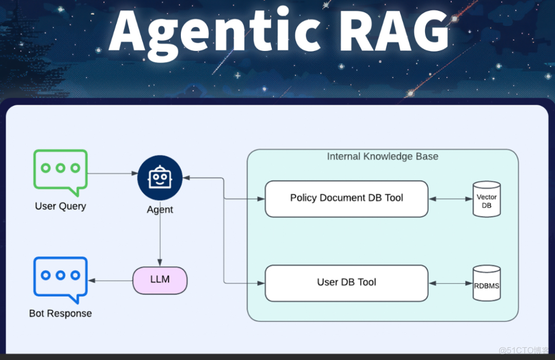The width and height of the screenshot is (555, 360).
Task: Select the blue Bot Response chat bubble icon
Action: coord(61,278)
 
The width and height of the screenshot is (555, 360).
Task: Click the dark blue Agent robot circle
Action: coord(160,178)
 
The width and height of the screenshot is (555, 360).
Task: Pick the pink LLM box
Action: coord(160,280)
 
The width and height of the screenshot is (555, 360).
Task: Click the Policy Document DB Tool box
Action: coord(346,199)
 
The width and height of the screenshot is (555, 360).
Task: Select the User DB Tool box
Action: coord(346,283)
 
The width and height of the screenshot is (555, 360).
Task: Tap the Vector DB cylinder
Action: coord(487,199)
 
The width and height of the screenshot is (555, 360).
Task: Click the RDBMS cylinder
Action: coord(487,283)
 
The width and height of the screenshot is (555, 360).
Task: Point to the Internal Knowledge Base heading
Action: coord(382,156)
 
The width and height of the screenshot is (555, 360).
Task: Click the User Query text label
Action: coord(61,206)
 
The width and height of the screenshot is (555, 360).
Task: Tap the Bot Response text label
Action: coord(61,313)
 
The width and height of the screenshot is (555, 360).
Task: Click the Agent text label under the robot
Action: coord(160,210)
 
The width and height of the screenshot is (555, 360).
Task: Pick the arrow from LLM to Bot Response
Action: coord(110,281)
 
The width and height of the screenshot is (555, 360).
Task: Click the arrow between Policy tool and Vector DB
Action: coord(450,199)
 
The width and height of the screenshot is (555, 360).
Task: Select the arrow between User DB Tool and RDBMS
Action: coord(450,283)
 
